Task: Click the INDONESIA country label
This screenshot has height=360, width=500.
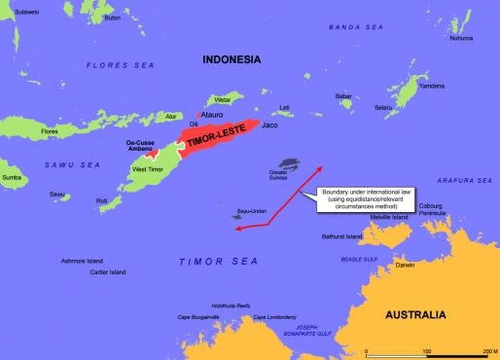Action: [231, 60]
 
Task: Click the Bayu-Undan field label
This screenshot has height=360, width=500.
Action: [250, 210]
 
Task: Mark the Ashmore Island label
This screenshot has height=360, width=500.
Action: [82, 262]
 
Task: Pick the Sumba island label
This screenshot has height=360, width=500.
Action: [12, 178]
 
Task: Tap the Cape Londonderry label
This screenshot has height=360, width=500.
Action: [273, 318]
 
